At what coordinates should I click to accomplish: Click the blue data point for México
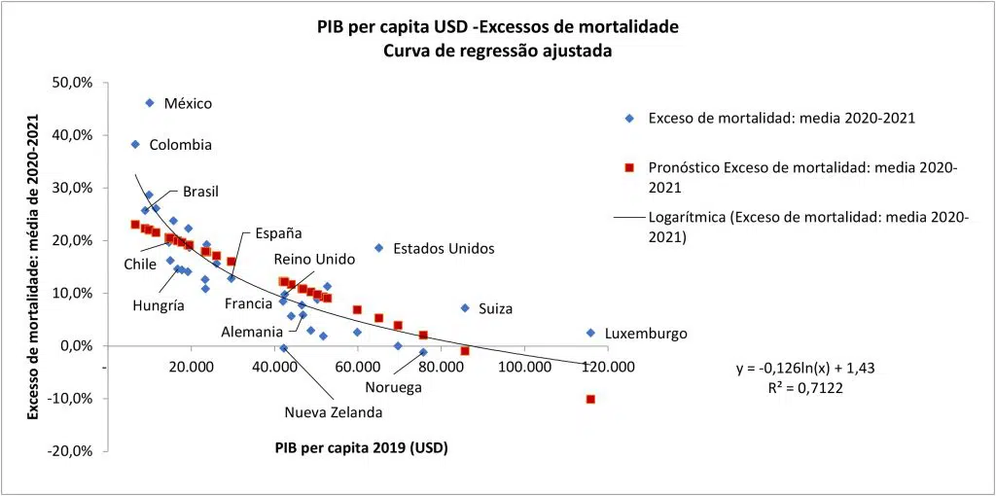tap(150, 103)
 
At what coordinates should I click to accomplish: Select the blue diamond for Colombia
tap(135, 144)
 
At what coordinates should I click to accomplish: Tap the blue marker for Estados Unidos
tap(378, 248)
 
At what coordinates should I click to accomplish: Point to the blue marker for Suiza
tap(465, 308)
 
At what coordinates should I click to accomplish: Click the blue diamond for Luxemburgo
tap(590, 333)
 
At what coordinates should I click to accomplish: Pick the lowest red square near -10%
tap(590, 399)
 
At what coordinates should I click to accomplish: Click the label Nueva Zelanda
tap(333, 411)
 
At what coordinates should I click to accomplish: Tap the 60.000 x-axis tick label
tap(358, 367)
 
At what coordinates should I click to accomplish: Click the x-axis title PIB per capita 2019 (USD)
tap(360, 447)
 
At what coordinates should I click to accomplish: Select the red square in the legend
tap(629, 168)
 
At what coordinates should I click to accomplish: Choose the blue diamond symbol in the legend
tap(629, 118)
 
